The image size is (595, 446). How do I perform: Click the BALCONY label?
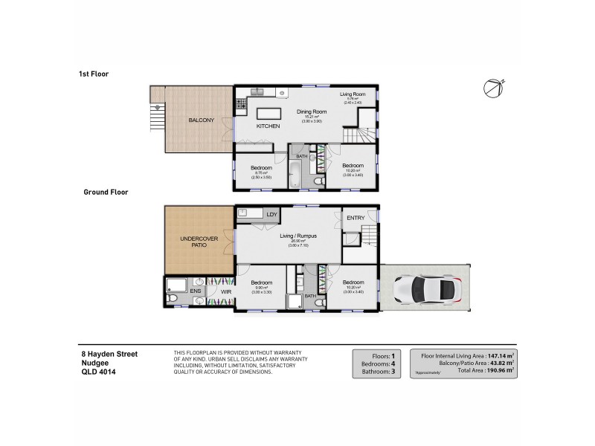click(201, 120)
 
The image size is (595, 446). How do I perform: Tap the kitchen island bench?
click(268, 114)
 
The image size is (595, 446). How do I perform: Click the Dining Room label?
click(308, 112)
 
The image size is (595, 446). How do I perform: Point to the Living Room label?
click(353, 94)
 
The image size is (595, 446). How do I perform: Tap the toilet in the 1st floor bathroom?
click(318, 181)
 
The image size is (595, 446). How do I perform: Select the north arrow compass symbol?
click(494, 88)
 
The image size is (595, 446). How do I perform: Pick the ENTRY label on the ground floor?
click(356, 217)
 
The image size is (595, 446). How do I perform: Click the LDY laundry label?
click(271, 215)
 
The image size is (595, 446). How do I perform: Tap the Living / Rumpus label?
click(298, 236)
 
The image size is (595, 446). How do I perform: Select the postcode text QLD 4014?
click(98, 372)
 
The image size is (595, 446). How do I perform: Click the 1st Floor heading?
click(94, 74)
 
